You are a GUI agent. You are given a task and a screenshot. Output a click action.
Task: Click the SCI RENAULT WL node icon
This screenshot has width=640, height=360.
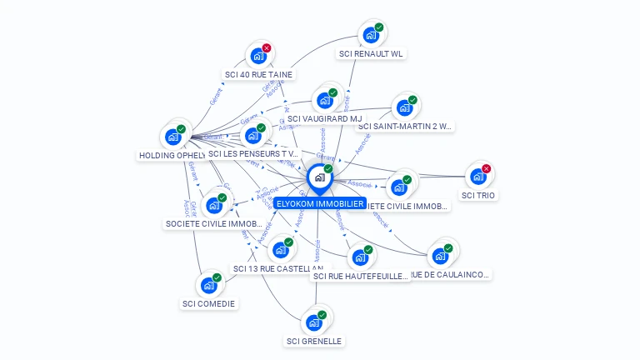[370, 36]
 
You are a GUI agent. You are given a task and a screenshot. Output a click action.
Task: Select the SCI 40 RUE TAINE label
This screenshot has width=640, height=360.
[258, 74]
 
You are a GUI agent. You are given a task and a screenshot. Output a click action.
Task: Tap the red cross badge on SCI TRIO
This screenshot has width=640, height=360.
[487, 169]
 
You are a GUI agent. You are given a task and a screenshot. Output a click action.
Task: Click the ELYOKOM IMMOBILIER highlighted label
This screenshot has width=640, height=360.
[320, 203]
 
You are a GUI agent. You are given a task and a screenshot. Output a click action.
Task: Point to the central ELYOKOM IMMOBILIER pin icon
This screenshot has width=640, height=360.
[318, 177]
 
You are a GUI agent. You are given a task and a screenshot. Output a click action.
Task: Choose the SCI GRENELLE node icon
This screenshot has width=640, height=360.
[314, 322]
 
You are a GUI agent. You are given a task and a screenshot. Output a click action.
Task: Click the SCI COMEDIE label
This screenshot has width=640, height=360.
[208, 303]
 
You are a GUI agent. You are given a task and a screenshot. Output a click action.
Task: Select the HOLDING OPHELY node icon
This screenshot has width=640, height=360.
[173, 137]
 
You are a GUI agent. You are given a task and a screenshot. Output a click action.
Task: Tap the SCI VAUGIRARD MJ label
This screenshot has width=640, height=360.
[318, 118]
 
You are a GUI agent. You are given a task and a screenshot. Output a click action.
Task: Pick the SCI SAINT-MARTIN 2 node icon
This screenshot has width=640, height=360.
[404, 108]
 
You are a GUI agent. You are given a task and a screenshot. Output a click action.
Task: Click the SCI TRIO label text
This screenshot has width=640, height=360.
[478, 195]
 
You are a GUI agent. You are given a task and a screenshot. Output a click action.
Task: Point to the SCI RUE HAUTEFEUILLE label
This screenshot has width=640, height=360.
[362, 276]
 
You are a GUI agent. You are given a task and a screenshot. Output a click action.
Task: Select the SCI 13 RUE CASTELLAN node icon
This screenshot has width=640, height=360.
[281, 250]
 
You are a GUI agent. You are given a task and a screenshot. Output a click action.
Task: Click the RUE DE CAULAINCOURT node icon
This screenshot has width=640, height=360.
[440, 256]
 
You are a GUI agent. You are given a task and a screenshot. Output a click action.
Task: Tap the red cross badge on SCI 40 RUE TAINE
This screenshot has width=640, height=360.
[267, 48]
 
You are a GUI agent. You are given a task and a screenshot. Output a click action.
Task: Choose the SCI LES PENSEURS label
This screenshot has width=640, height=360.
[253, 153]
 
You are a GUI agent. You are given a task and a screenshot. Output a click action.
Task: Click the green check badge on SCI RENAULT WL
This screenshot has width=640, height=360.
[379, 27]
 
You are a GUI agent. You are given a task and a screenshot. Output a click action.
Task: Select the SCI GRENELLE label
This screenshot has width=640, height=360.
[314, 341]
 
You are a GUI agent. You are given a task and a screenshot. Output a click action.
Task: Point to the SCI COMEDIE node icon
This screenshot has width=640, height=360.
[209, 285]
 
